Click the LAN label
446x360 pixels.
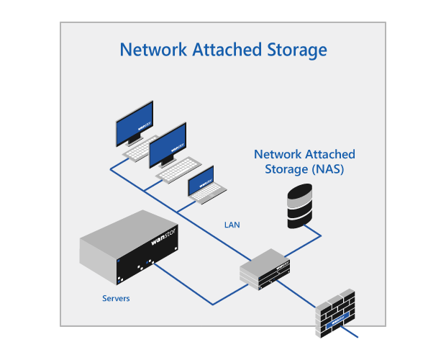232,225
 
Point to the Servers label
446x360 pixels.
115,298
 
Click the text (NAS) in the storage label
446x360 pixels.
327,170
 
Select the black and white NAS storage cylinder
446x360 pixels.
301,205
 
